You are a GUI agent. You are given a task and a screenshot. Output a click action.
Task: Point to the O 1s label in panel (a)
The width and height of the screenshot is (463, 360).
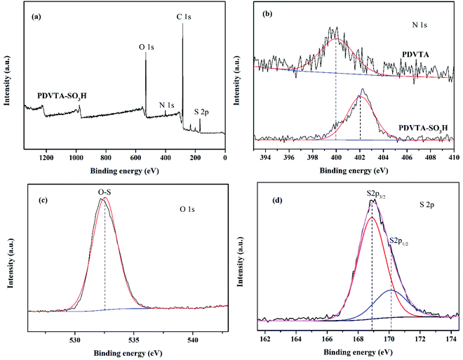[x=147, y=47]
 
